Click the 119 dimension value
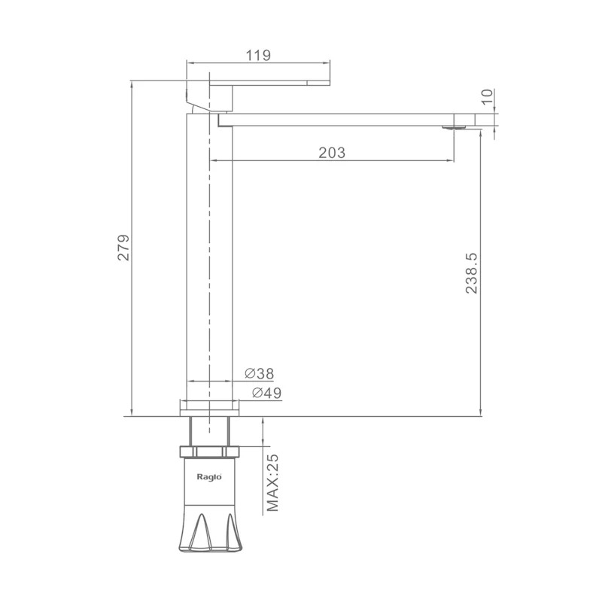pos(258,55)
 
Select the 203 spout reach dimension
pos(332,153)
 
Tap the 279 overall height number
pos(123,248)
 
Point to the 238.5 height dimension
pos(472,273)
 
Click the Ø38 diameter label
pos(259,373)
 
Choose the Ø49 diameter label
pos(267,393)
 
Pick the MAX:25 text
pos(272,483)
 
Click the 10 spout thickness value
pos(487,96)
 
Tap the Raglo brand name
pos(209,477)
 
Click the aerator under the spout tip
pos(455,127)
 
